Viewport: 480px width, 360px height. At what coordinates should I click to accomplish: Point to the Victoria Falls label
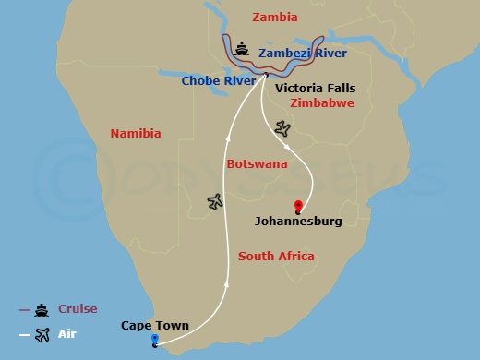coord(315,88)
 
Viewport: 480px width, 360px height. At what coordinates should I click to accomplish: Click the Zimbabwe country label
coord(322,103)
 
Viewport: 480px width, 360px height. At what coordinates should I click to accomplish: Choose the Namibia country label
coord(136,134)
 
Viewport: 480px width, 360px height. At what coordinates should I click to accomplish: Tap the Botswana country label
coord(257,163)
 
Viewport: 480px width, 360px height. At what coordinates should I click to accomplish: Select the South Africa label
coord(276,256)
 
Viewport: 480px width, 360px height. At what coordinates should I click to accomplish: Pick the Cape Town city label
coord(154,325)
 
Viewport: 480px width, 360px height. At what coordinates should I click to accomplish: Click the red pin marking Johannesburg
coord(298,206)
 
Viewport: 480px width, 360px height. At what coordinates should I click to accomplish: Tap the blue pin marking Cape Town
coord(155,341)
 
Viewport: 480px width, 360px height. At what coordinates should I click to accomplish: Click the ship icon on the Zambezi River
coord(243,48)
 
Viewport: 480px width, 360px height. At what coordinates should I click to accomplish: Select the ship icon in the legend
coord(42,310)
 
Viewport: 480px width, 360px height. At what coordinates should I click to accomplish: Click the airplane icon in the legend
coord(42,335)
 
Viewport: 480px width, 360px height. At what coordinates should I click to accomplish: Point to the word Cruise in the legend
coord(78,309)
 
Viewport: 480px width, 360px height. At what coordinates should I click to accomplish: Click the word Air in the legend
coord(67,335)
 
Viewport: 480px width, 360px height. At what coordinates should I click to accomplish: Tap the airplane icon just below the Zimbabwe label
coord(282,128)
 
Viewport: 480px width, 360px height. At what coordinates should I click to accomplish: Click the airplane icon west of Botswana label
coord(216,200)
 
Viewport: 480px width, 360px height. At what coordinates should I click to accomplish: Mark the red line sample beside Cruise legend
coord(23,310)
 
